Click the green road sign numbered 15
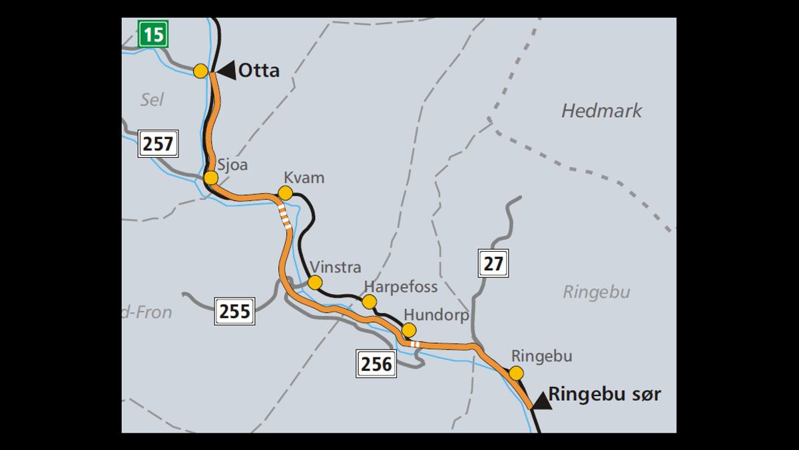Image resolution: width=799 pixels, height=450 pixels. tap(153, 34)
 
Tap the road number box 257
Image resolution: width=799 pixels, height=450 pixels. tap(158, 143)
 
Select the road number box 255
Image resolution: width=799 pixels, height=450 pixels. tap(234, 311)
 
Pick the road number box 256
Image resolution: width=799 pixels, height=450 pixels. tap(376, 364)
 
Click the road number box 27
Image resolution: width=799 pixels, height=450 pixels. tap(493, 263)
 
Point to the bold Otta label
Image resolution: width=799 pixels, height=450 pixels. tap(259, 70)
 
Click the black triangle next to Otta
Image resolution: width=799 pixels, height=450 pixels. tap(226, 70)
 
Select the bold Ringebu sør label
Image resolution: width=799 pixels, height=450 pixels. tap(605, 394)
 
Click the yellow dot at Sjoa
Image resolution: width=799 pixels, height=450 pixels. tap(211, 178)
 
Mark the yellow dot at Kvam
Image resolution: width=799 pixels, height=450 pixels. tap(285, 193)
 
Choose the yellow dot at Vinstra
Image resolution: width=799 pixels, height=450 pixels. tap(315, 282)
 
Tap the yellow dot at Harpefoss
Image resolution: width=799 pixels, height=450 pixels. tap(370, 302)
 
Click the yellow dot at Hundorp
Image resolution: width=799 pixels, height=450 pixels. tap(409, 330)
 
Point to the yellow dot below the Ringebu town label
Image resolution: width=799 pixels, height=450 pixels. tap(516, 373)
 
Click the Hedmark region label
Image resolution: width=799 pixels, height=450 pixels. tap(601, 111)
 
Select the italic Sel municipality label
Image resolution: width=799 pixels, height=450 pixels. tap(152, 100)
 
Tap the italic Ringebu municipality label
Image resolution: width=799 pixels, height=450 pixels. tap(596, 292)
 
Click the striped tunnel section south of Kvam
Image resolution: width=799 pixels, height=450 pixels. tap(285, 217)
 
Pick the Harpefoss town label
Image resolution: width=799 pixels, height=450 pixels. tap(400, 286)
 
